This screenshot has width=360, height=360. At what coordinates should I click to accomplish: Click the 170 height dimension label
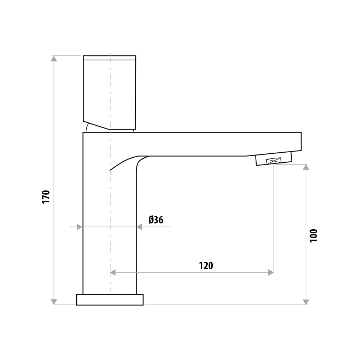click(45, 197)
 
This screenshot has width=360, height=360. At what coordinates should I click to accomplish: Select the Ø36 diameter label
click(156, 220)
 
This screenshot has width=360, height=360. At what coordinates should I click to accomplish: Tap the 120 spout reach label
click(206, 266)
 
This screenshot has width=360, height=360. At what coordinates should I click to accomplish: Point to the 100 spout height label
click(314, 235)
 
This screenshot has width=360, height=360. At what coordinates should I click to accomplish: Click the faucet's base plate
click(110, 300)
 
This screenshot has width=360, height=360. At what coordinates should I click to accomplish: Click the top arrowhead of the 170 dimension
click(54, 59)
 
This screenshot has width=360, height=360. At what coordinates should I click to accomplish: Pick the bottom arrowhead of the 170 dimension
click(54, 302)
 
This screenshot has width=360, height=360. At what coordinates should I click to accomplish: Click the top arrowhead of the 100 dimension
click(306, 167)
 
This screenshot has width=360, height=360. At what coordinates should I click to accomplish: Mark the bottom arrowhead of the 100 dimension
click(306, 302)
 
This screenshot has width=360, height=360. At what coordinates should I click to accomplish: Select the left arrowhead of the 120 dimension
click(113, 273)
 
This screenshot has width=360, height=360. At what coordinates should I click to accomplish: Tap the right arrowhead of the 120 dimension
click(271, 273)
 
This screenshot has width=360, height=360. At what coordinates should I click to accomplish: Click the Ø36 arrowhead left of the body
click(80, 227)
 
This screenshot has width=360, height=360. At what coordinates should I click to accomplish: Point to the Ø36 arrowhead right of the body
click(139, 227)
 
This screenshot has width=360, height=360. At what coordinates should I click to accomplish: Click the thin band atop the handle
click(109, 58)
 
